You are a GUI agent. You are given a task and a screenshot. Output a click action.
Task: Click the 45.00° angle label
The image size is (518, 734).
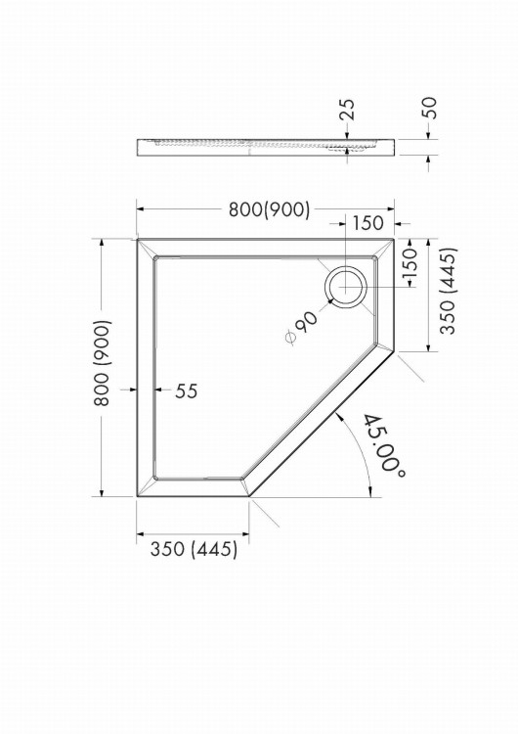point(383,445)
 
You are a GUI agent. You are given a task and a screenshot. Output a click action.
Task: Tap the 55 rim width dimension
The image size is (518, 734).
point(187,390)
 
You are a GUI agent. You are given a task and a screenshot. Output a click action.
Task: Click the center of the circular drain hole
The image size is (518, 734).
point(346,286)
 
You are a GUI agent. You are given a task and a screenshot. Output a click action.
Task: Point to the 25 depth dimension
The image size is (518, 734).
point(348,110)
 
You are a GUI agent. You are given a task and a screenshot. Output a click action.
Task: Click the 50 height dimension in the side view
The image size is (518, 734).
point(429,108)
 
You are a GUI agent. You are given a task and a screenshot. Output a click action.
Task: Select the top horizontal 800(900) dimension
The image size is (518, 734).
point(269,210)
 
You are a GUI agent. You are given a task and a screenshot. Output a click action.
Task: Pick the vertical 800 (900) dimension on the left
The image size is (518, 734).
point(103,363)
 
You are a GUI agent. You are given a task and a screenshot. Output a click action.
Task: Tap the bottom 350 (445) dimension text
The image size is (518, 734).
point(194,549)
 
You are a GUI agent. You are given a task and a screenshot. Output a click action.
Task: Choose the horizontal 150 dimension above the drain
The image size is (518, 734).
point(367,223)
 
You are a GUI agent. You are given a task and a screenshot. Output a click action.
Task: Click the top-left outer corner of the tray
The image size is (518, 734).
point(137,239)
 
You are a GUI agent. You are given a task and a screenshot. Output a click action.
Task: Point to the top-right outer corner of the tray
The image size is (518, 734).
point(394,239)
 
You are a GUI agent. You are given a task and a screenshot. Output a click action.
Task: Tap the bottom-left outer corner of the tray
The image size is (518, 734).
point(137,496)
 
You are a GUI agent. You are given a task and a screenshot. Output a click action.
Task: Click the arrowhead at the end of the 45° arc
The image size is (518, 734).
point(370,490)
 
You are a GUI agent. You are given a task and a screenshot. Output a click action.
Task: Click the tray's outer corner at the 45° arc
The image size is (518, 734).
point(248,496)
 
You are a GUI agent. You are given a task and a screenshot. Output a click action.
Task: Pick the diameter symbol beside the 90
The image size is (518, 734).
point(290,337)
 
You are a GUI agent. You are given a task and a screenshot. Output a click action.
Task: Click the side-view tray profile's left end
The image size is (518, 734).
point(138,148)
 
